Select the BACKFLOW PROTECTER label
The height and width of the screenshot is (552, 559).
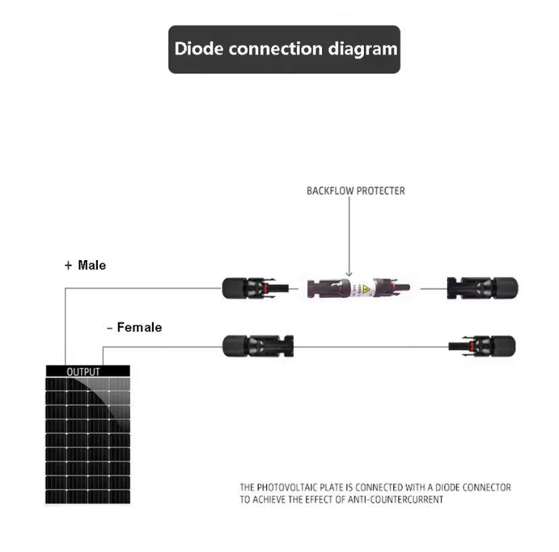click(x=356, y=191)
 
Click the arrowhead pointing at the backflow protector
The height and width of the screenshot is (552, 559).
click(x=349, y=272)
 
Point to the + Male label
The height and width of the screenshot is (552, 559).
click(x=85, y=266)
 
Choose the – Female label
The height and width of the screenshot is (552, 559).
click(x=134, y=328)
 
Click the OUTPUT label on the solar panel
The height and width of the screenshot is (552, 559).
click(x=83, y=372)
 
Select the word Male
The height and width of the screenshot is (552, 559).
click(x=92, y=266)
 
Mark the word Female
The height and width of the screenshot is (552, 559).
click(x=139, y=328)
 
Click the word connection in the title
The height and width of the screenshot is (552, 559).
click(x=277, y=49)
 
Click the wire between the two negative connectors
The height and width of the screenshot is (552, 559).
click(x=371, y=347)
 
